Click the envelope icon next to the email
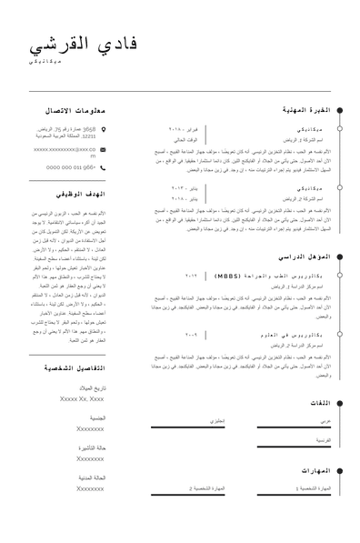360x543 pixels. click(x=104, y=148)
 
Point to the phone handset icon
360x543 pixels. click(x=104, y=166)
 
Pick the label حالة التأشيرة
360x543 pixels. click(x=91, y=448)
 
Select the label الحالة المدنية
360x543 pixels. click(x=91, y=478)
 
